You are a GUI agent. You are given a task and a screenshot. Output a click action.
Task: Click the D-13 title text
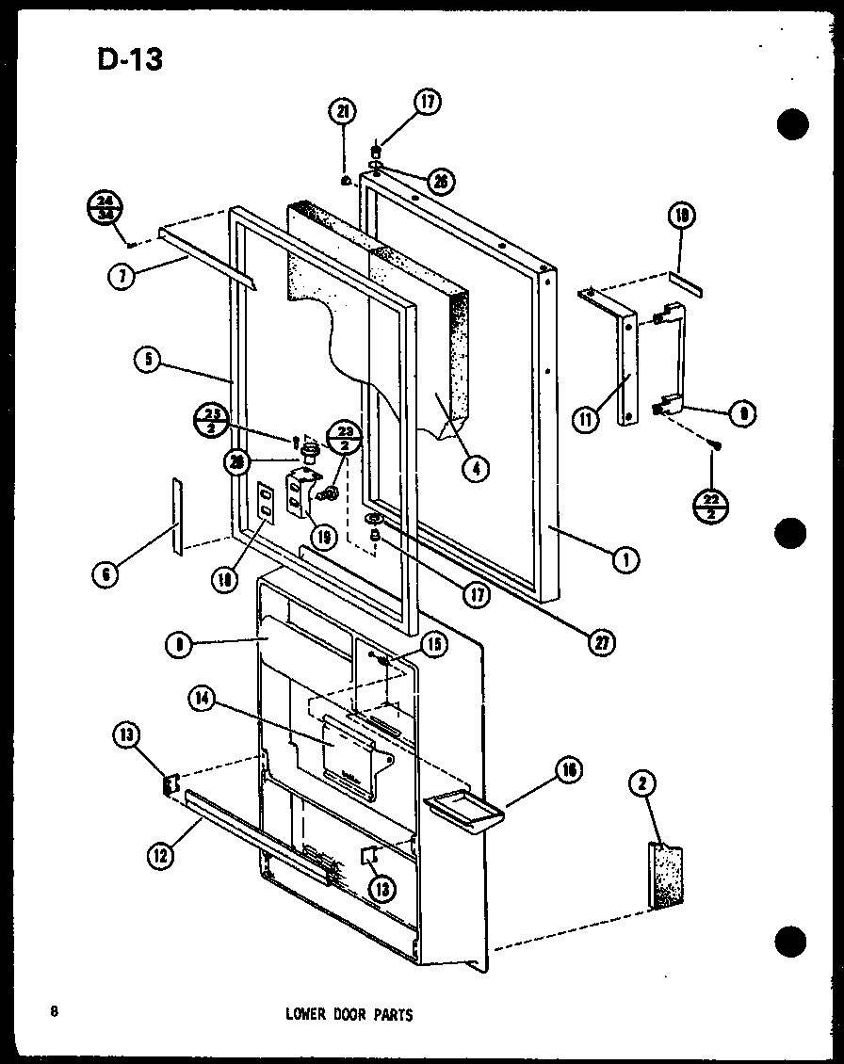tap(128, 59)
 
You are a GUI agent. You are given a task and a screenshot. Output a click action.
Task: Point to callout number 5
tap(146, 360)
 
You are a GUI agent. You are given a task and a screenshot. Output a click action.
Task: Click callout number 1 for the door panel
tap(623, 561)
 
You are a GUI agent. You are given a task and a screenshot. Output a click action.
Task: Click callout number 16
tap(568, 770)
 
